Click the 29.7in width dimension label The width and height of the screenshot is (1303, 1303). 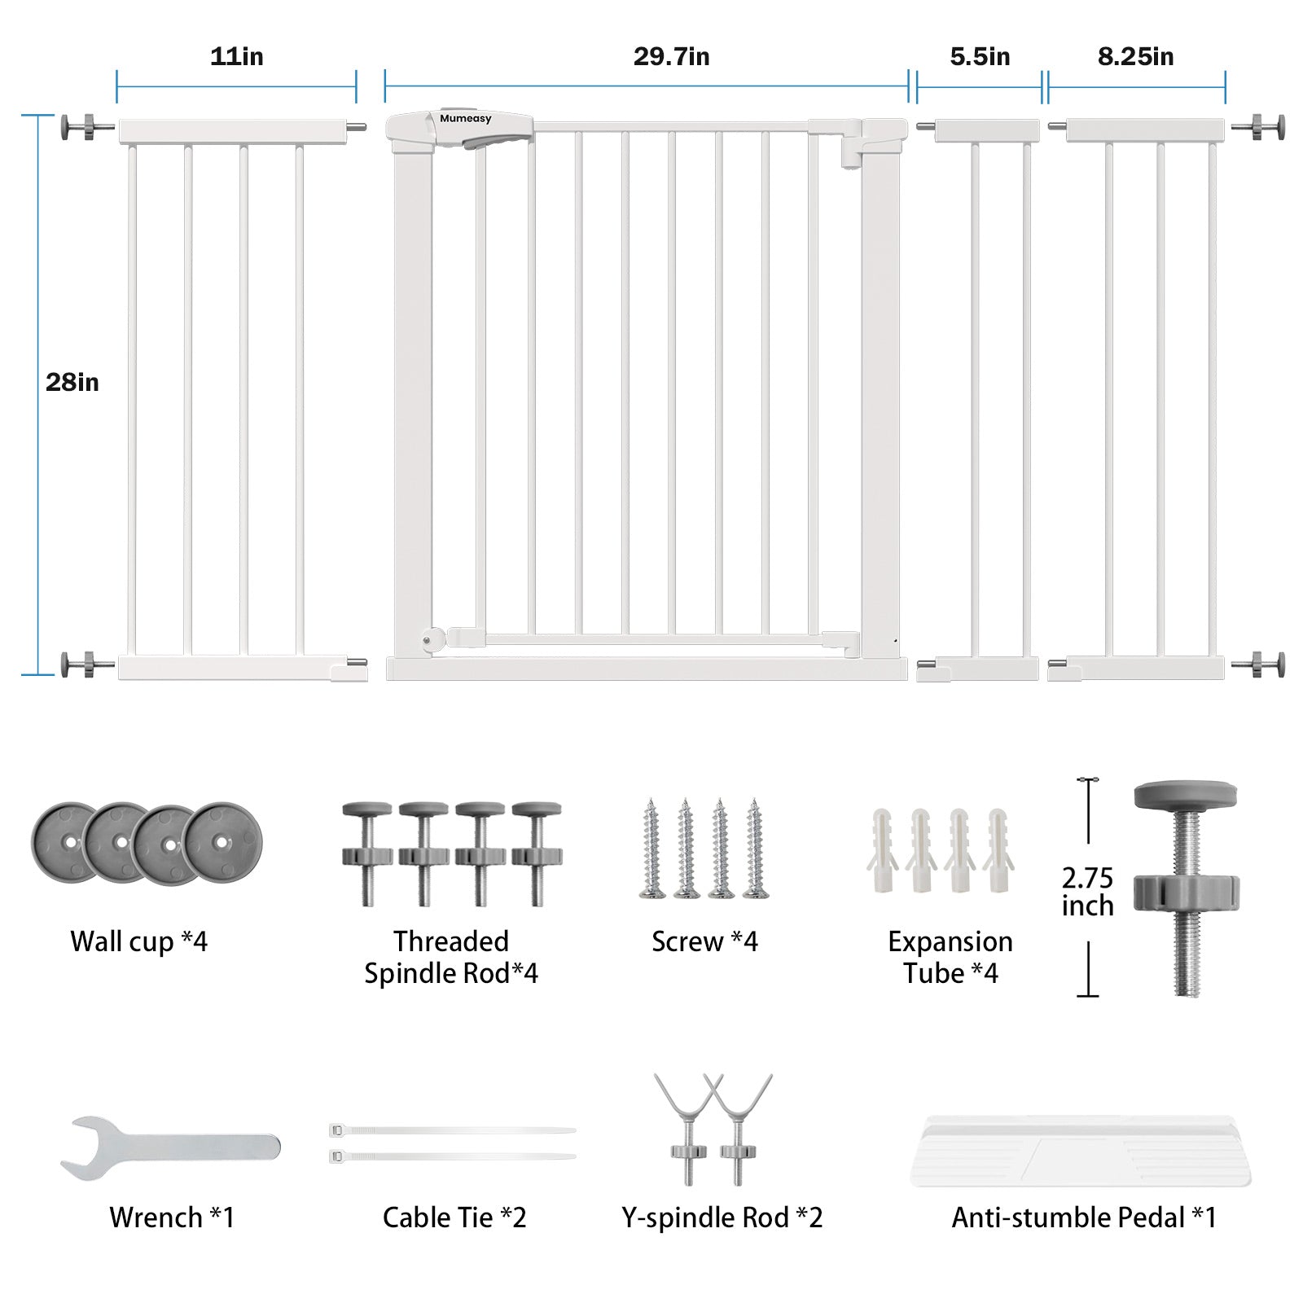pyautogui.click(x=671, y=57)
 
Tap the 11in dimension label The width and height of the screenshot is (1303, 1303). pyautogui.click(x=236, y=57)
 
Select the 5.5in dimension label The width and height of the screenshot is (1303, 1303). pyautogui.click(x=980, y=57)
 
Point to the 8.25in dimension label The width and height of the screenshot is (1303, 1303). pyautogui.click(x=1135, y=57)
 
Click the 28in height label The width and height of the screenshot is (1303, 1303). pyautogui.click(x=72, y=382)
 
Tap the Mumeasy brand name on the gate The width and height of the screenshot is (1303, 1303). pyautogui.click(x=466, y=119)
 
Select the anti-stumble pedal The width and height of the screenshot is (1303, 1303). pyautogui.click(x=1080, y=1150)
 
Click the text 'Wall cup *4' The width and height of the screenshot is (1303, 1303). pyautogui.click(x=138, y=941)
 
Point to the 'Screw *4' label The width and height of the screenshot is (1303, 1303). pyautogui.click(x=704, y=941)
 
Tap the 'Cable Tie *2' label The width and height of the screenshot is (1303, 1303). pyautogui.click(x=454, y=1217)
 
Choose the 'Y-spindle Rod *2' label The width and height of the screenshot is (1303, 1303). pyautogui.click(x=722, y=1217)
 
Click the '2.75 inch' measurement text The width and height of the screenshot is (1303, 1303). pyautogui.click(x=1087, y=892)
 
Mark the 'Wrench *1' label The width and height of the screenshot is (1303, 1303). pyautogui.click(x=172, y=1217)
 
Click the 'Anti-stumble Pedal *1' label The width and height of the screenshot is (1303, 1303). pyautogui.click(x=1084, y=1217)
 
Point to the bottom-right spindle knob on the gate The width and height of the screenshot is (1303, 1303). pyautogui.click(x=1270, y=665)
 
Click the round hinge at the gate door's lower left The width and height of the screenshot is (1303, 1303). pyautogui.click(x=428, y=639)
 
